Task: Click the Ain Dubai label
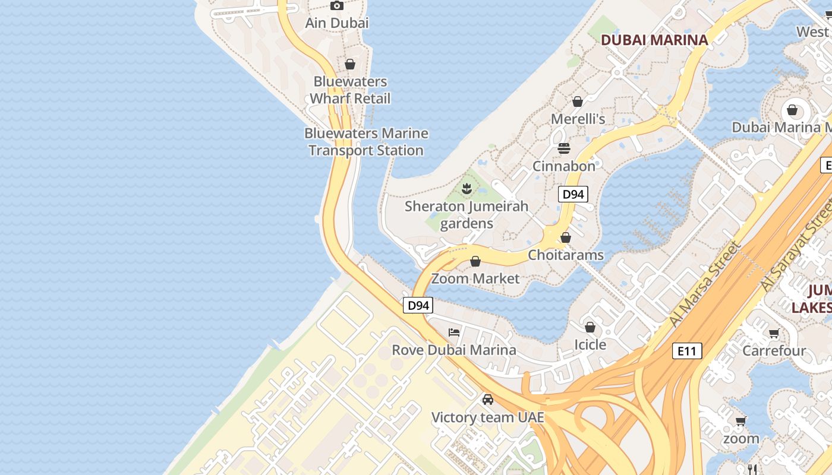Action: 336,23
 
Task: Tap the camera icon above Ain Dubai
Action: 337,6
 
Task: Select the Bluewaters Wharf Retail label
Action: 350,90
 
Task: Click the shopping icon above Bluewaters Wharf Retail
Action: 350,64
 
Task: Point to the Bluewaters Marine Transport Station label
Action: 366,142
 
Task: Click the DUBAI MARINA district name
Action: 654,40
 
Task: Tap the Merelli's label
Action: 578,119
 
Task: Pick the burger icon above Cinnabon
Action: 564,148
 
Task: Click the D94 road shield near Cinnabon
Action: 573,194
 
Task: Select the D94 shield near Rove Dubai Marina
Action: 418,305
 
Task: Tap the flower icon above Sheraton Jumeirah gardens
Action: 467,189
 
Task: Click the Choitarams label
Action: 566,255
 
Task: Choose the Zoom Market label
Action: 475,278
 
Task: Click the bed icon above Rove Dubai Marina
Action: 454,332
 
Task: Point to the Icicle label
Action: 590,344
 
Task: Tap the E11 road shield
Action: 687,351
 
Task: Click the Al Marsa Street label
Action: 706,284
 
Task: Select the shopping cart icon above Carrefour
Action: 774,333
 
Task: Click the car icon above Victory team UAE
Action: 488,400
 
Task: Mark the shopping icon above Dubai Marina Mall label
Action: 792,110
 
